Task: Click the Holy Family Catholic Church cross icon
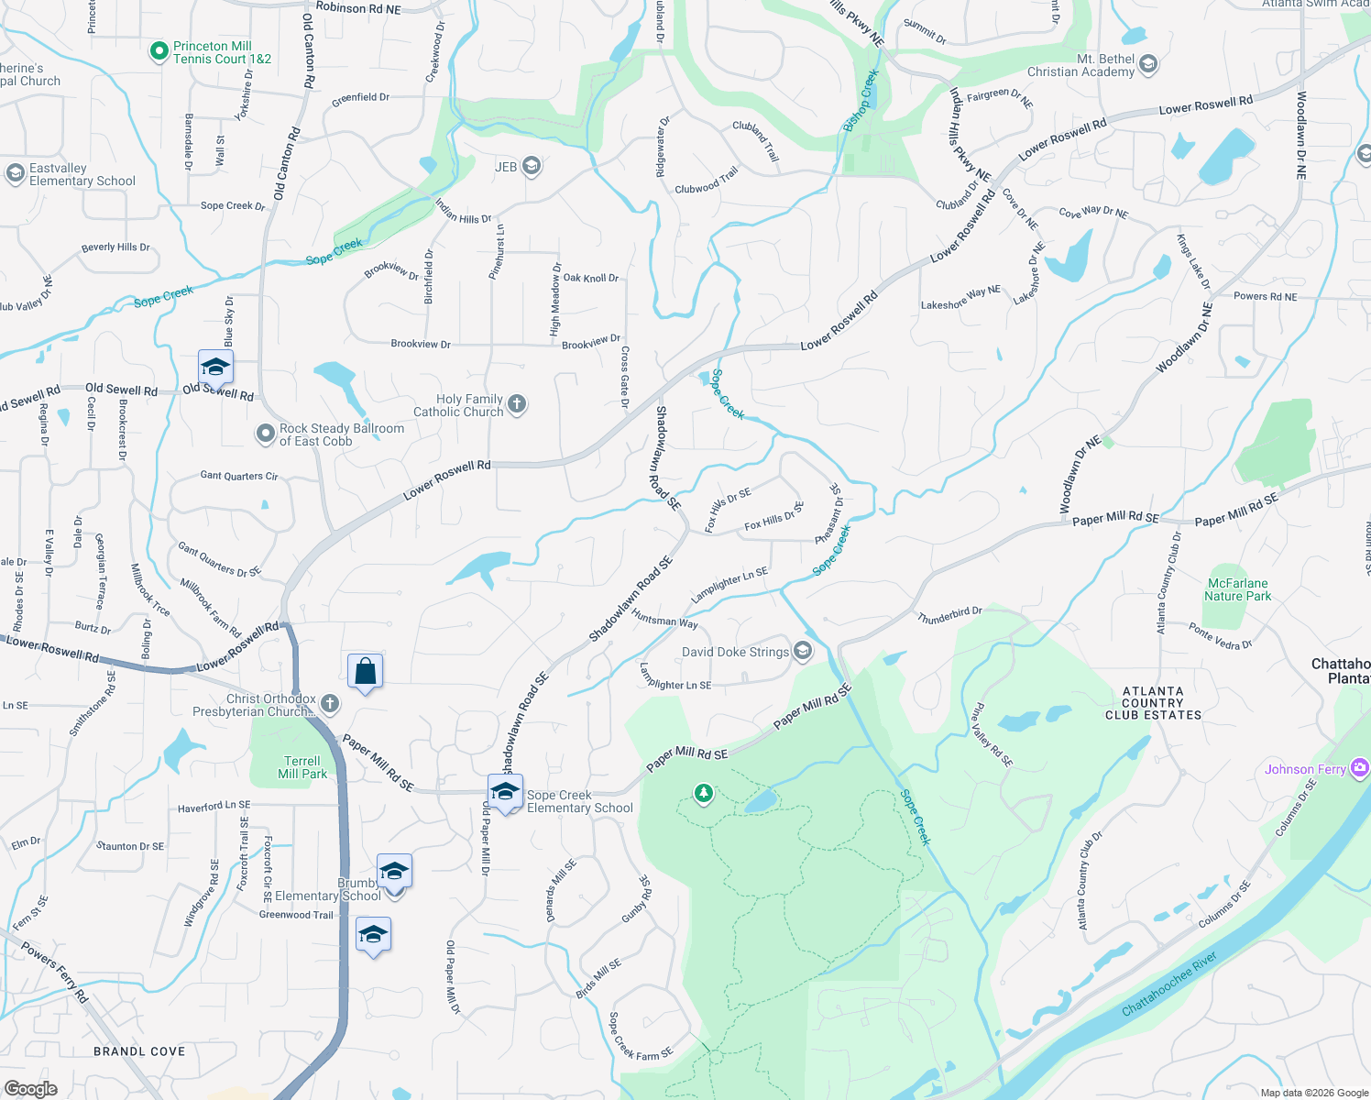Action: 517,404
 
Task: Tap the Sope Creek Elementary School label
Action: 579,802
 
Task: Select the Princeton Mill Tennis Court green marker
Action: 159,51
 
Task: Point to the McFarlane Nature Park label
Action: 1237,589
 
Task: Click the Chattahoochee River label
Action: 1168,984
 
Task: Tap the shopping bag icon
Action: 365,671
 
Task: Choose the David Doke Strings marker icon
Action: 803,652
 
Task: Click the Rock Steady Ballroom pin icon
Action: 266,434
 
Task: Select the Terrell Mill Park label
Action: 302,767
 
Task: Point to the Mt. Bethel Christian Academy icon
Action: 1148,65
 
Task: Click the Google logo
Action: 30,1088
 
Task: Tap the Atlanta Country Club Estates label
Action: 1153,703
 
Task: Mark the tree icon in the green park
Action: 703,793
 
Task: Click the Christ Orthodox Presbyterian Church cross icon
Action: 330,704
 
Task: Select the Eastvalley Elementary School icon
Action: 15,173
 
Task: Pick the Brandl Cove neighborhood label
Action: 139,1051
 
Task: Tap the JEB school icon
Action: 531,166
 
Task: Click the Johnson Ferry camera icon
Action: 1360,767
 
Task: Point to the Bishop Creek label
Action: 861,101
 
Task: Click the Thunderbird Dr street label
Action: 949,614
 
